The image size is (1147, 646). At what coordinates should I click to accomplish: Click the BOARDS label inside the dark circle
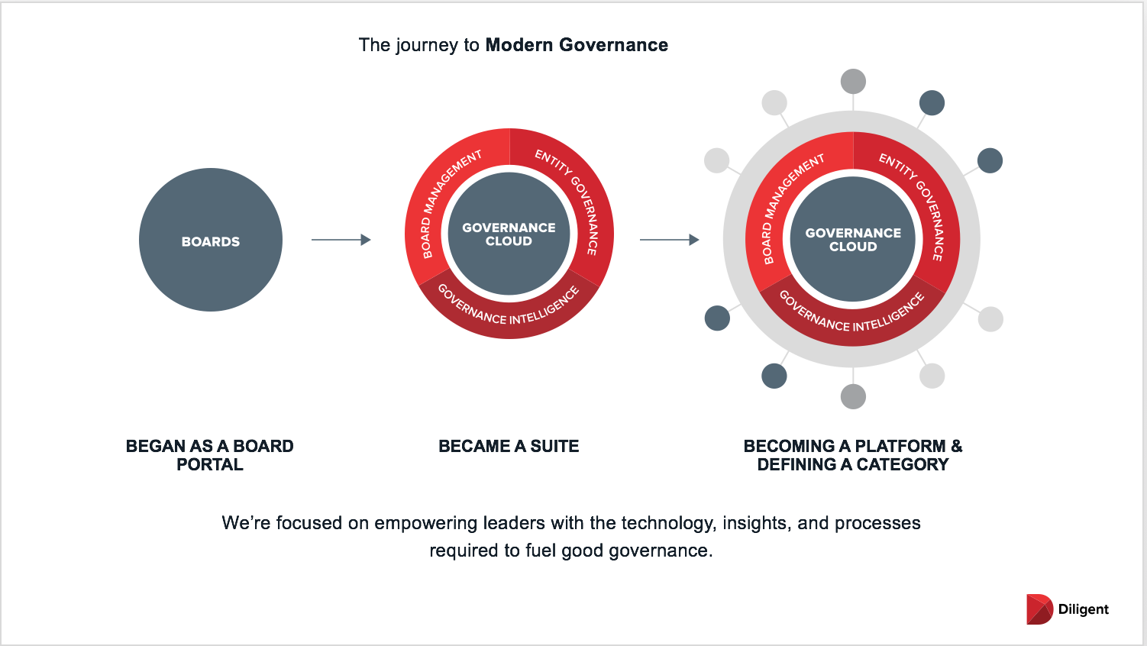click(x=211, y=241)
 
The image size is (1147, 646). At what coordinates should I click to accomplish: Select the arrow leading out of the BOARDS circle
click(x=341, y=240)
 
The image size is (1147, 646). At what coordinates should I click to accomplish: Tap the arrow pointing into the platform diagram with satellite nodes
click(x=669, y=240)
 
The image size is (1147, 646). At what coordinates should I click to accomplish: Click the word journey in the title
click(x=427, y=46)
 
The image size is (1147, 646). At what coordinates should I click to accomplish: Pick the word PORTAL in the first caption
click(x=210, y=465)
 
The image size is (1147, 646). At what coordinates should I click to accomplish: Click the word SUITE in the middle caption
click(x=554, y=447)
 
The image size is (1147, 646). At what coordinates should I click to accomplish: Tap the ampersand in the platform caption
click(x=957, y=447)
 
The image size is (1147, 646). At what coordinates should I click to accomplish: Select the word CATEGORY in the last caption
click(x=903, y=465)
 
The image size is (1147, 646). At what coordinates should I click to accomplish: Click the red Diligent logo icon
click(x=1039, y=609)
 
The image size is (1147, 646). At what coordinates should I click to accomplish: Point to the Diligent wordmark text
click(x=1084, y=609)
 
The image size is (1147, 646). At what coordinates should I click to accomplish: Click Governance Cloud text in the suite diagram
click(x=509, y=234)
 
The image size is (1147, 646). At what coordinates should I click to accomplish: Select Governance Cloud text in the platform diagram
click(x=853, y=240)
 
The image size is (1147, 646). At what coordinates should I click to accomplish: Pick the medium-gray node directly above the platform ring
click(x=853, y=82)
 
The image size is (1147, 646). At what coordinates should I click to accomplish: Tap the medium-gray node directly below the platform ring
click(x=853, y=397)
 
